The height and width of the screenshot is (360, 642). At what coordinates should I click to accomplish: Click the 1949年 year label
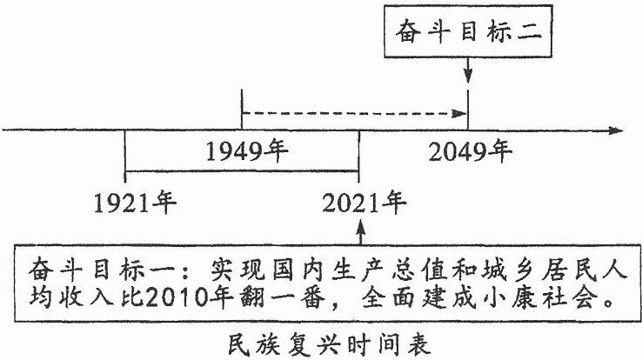click(247, 151)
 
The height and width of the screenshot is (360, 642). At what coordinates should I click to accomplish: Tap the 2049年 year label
click(471, 151)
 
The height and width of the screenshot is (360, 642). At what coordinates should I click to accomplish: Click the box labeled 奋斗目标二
click(468, 31)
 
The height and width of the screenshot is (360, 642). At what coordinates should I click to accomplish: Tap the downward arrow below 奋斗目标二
click(468, 70)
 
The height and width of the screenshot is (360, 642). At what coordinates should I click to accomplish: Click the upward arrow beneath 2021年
click(360, 232)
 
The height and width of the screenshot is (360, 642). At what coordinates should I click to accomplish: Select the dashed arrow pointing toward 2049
click(355, 113)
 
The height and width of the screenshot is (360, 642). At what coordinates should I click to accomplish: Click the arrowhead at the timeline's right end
click(616, 130)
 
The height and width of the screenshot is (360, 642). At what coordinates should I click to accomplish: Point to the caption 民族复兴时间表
click(329, 345)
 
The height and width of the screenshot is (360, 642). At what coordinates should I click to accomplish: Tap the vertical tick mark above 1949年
click(242, 110)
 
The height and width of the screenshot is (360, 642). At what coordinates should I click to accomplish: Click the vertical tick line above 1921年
click(125, 157)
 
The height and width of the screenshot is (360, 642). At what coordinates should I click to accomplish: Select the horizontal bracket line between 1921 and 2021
click(242, 170)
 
